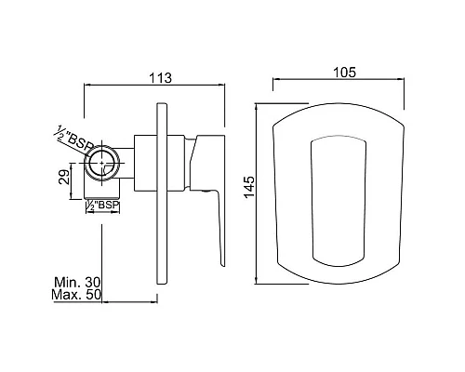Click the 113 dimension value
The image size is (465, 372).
coord(160,78)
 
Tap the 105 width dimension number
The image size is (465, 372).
coord(344,73)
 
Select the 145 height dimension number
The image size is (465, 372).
coord(249,187)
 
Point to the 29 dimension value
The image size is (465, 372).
coord(64,178)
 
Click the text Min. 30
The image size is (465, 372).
coord(77,283)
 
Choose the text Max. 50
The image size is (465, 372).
coord(76,295)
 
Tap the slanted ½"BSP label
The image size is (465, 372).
coord(73,139)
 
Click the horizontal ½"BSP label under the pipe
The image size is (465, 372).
coord(102,206)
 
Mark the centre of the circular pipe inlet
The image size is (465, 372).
coord(102,163)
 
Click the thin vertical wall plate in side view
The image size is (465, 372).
coord(162,193)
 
